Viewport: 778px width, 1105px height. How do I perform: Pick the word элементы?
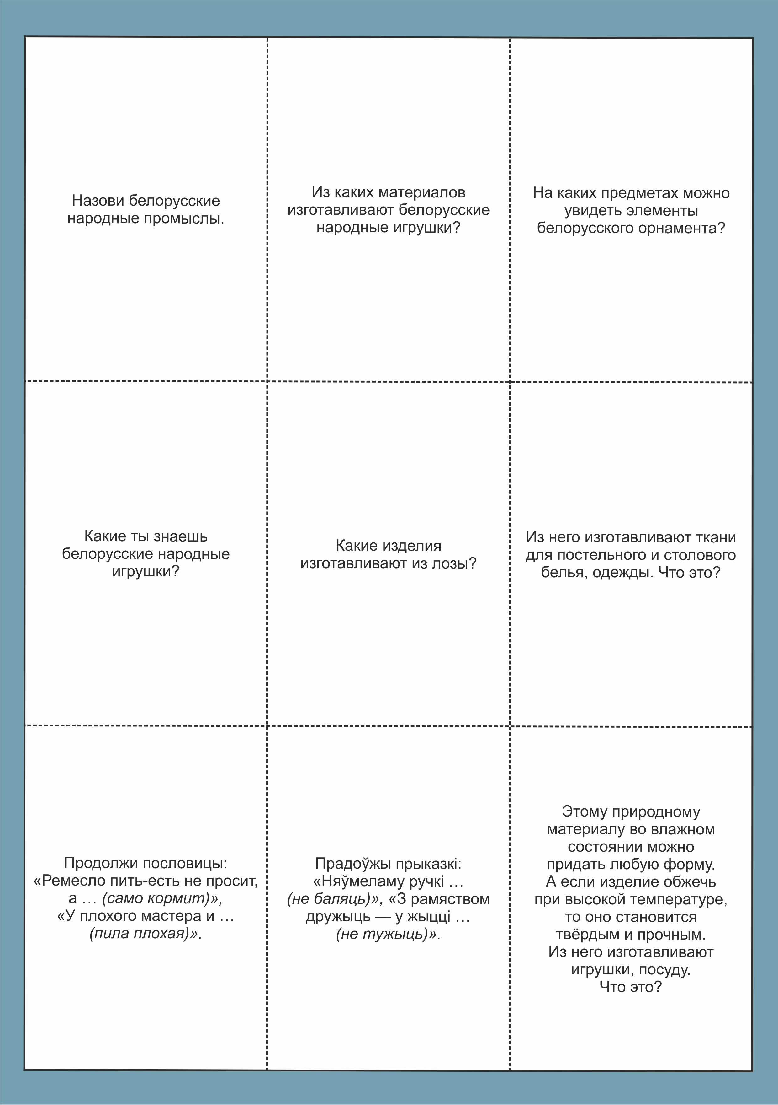[666, 211]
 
